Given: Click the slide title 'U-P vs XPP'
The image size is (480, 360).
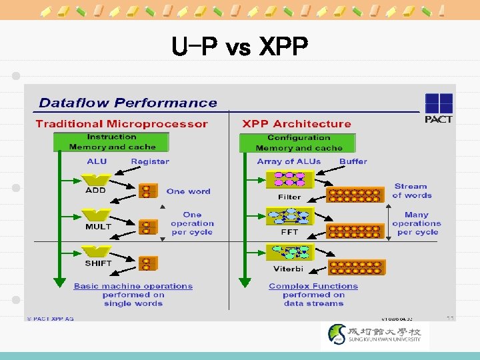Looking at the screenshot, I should (x=239, y=48).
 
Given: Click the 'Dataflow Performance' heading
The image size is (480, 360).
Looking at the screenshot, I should (x=128, y=103).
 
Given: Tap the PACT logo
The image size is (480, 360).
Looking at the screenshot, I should (x=438, y=108).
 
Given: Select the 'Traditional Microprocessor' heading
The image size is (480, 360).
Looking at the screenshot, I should (x=122, y=123).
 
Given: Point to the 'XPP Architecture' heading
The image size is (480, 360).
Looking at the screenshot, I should (x=297, y=123).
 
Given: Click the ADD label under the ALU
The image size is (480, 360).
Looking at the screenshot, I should (x=95, y=190).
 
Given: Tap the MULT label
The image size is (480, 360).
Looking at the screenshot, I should (x=97, y=227).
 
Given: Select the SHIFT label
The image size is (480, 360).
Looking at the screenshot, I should (x=98, y=263).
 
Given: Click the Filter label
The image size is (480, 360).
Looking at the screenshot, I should (x=289, y=197).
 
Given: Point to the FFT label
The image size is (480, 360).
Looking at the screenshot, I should (x=289, y=232).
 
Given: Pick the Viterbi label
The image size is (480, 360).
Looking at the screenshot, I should (x=289, y=268).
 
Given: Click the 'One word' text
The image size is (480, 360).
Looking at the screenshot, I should (x=189, y=191).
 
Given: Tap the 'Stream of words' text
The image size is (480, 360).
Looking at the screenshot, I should (x=411, y=191).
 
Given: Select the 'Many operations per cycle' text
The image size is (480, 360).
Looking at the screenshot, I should (x=417, y=223).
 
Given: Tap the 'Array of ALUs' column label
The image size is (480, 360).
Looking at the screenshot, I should (x=289, y=161).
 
